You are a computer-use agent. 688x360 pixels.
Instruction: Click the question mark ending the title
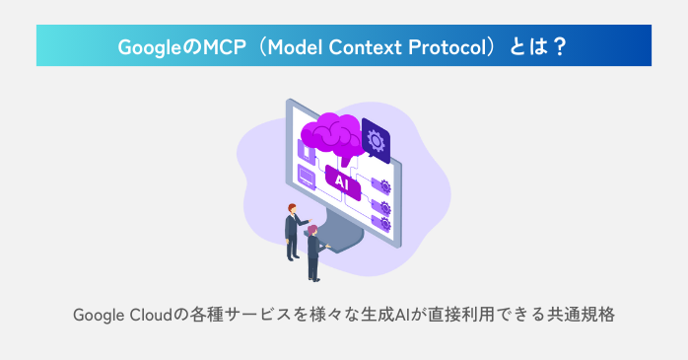point(560,46)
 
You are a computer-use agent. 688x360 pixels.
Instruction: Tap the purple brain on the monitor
point(333,133)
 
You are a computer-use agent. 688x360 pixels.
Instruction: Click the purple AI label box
point(342,181)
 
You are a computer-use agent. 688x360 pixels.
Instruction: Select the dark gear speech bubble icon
point(376,140)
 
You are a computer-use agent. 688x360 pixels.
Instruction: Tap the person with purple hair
point(313,252)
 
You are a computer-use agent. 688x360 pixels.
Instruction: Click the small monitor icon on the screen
point(307,179)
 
